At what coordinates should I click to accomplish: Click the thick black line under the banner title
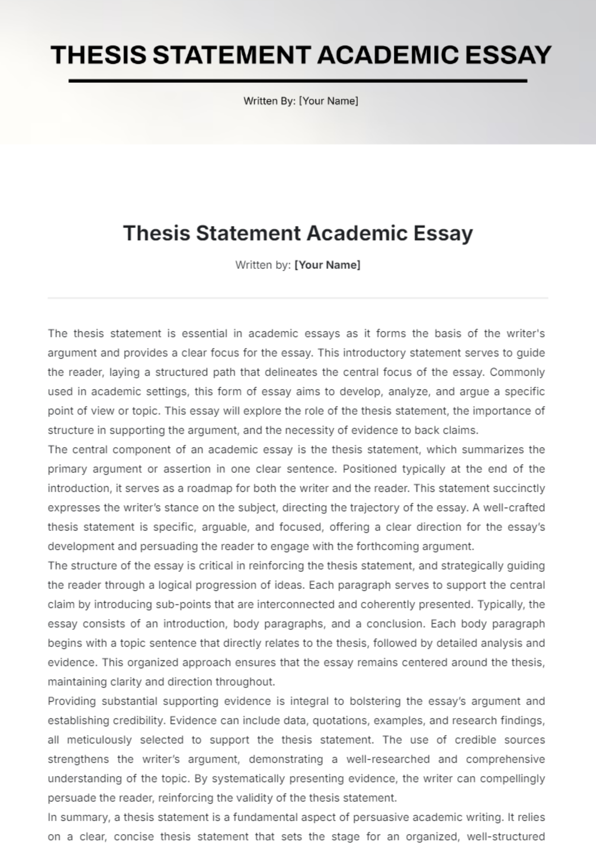click(298, 80)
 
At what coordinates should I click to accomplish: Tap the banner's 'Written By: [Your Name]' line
click(300, 101)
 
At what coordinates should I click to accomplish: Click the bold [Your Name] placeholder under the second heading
click(327, 265)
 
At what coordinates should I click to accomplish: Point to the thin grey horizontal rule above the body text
click(298, 298)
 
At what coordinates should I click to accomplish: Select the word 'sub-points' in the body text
click(182, 604)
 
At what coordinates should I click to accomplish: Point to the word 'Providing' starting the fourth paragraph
click(71, 701)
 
